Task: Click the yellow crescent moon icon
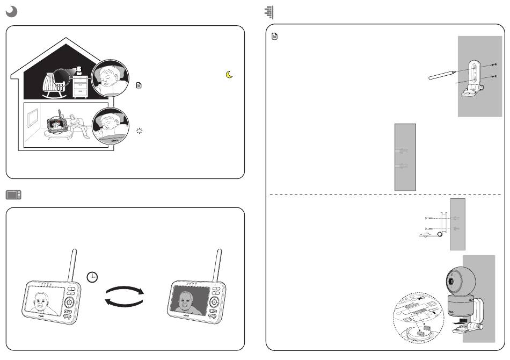(229, 76)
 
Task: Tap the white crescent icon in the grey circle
(12, 12)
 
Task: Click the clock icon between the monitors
(92, 277)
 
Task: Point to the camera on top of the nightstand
(79, 70)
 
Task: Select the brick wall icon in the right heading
(269, 12)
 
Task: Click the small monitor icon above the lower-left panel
(13, 195)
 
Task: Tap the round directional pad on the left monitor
(69, 303)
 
